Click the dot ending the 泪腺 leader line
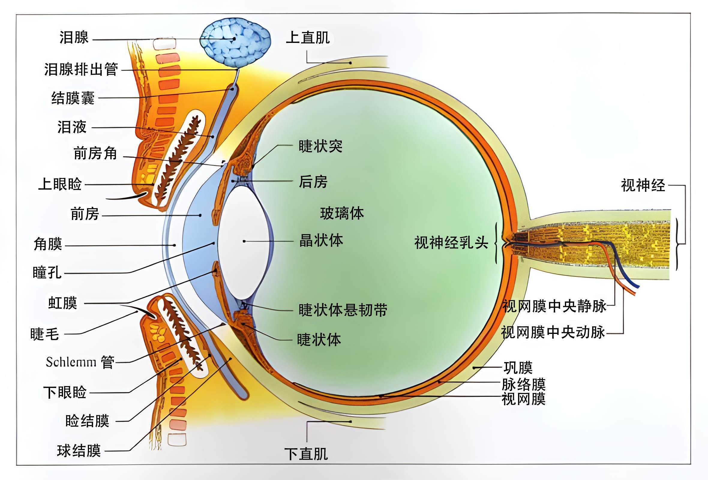pos(234,39)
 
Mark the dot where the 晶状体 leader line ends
pos(244,241)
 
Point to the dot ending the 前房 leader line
pos(200,215)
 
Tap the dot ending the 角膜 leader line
pos(174,245)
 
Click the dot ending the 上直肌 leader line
pos(350,63)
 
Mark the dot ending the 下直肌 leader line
pos(350,422)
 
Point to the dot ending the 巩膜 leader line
pos(474,368)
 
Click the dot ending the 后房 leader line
pos(233,181)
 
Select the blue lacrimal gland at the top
pos(235,42)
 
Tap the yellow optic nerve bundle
pos(591,244)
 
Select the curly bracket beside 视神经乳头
pos(496,243)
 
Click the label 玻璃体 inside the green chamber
pos(342,213)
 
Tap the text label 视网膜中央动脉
pos(553,332)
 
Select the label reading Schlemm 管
pos(80,362)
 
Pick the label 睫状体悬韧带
pos(343,310)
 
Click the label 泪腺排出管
pos(81,69)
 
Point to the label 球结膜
pos(79,451)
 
